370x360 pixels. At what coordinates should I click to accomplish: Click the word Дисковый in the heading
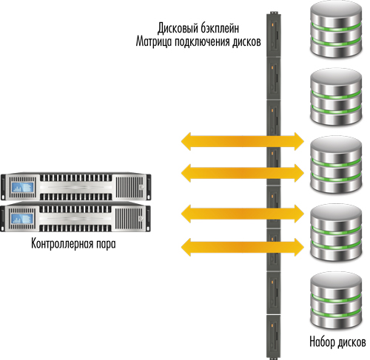(x=177, y=28)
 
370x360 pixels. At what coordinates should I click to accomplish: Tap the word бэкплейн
(x=219, y=28)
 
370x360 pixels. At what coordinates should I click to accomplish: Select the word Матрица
(x=154, y=42)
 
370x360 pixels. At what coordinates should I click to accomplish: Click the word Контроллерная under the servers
(x=62, y=243)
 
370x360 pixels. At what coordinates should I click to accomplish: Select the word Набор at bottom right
(x=322, y=342)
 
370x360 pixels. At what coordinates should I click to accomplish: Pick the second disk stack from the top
(x=336, y=98)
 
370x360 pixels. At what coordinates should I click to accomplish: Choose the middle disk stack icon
(x=336, y=165)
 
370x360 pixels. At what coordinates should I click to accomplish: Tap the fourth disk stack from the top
(x=336, y=232)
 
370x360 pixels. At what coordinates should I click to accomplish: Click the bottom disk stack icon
(x=336, y=301)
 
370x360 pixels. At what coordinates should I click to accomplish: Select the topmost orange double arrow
(x=243, y=141)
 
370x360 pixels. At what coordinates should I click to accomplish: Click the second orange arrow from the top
(x=243, y=173)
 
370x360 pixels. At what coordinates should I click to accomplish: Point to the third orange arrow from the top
(x=243, y=214)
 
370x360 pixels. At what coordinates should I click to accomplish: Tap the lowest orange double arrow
(x=243, y=247)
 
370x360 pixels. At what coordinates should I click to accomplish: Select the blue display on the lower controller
(x=22, y=219)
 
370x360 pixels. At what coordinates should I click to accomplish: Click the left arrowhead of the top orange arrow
(x=186, y=141)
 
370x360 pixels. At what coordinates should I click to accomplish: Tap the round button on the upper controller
(x=141, y=188)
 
